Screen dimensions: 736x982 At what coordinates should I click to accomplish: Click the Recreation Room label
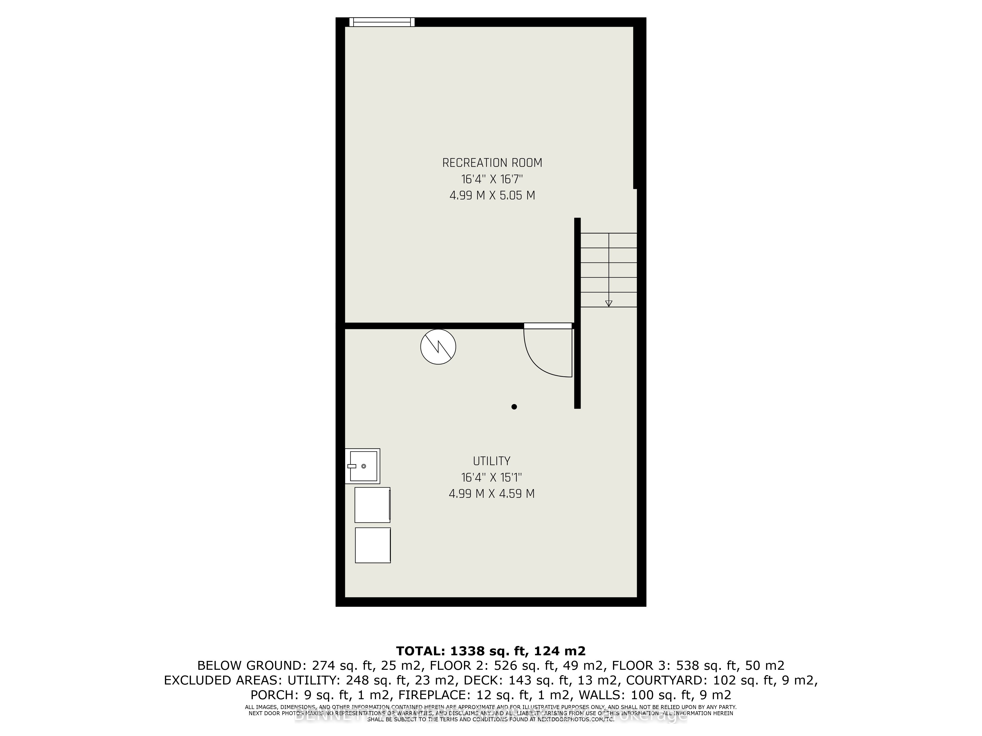point(492,163)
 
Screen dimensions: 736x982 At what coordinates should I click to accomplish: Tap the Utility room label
point(491,461)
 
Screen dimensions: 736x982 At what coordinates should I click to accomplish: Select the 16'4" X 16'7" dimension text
point(492,179)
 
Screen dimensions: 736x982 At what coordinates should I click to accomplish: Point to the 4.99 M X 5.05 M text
point(492,196)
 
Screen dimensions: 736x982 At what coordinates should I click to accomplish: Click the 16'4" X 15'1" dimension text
point(491,477)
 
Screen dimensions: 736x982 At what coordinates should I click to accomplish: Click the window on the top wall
point(382,22)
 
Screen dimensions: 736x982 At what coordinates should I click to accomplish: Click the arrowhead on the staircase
point(609,303)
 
